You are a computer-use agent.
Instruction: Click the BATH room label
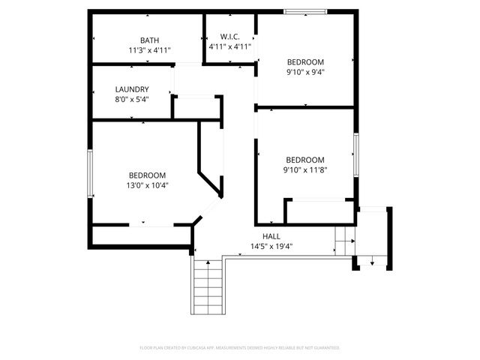[x=149, y=40]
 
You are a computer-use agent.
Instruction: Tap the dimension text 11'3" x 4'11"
[x=149, y=50]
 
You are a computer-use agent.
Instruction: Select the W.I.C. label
[x=229, y=37]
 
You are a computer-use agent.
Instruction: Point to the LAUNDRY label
[x=131, y=88]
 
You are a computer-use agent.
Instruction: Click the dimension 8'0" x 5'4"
[x=131, y=98]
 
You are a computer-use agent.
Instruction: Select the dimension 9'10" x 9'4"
[x=305, y=72]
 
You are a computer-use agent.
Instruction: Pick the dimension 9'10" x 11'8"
[x=305, y=169]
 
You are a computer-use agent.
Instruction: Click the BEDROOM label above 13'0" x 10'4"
[x=147, y=175]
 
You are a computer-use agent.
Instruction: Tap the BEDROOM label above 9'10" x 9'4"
[x=305, y=61]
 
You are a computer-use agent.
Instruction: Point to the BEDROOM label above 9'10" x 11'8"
[x=305, y=160]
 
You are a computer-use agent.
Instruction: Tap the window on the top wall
[x=305, y=11]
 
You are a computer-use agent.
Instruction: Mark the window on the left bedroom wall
[x=90, y=173]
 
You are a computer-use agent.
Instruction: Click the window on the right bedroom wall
[x=356, y=154]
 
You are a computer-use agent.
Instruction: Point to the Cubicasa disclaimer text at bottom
[x=240, y=348]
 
